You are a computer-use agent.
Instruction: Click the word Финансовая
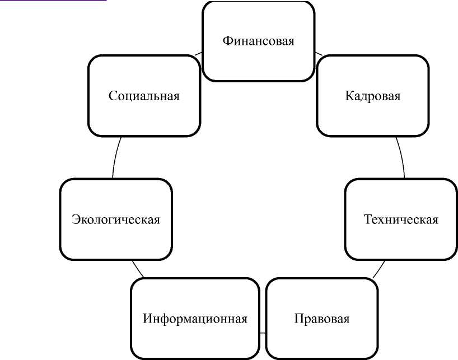pos(258,41)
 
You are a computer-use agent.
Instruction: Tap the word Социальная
pos(144,96)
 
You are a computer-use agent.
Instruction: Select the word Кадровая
pos(372,96)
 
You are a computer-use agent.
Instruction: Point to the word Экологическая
pos(116,219)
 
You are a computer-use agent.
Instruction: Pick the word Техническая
pos(401,219)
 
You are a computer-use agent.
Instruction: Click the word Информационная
pos(195,319)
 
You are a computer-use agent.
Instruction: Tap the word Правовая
pos(321,319)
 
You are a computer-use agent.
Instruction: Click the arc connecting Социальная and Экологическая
pos(116,157)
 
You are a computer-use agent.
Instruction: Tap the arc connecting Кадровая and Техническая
pos(401,157)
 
